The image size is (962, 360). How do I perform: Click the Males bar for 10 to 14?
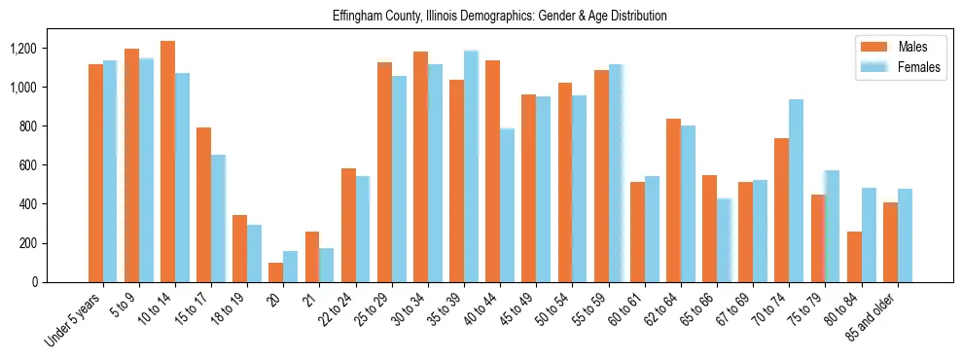tap(167, 162)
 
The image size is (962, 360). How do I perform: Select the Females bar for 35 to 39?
tap(471, 166)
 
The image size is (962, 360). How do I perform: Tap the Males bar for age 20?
tap(276, 272)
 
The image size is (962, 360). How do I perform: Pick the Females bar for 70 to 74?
tap(796, 191)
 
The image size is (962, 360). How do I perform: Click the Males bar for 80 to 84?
tap(854, 257)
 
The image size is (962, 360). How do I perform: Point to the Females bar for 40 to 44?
tap(507, 205)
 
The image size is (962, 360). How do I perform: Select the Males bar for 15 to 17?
tap(203, 204)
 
